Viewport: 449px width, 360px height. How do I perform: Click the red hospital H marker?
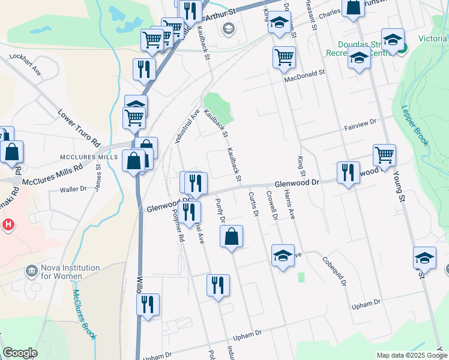8,226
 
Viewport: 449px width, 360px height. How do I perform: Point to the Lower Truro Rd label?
79,128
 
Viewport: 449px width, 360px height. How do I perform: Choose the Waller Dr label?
73,189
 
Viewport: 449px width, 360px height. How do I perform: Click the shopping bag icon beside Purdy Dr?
232,237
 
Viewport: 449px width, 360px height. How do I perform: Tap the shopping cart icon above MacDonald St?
284,58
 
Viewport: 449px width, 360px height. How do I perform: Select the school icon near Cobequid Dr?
283,256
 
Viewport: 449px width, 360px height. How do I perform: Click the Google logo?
20,353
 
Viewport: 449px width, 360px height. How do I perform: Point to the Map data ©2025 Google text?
412,355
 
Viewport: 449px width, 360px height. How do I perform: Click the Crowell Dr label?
274,205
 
